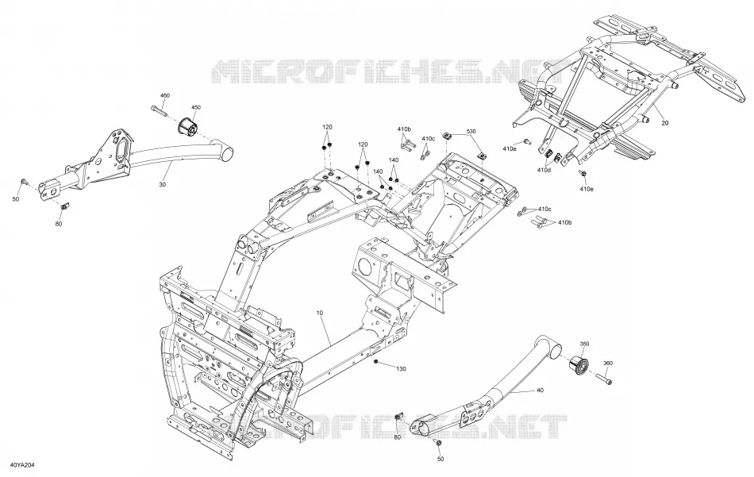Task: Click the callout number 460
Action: pyautogui.click(x=165, y=96)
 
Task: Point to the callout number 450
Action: pyautogui.click(x=196, y=108)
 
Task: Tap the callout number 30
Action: pyautogui.click(x=162, y=184)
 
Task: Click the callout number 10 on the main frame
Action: pyautogui.click(x=320, y=313)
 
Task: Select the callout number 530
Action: pyautogui.click(x=471, y=131)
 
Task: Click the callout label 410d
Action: pyautogui.click(x=544, y=170)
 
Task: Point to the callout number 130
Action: pyautogui.click(x=401, y=369)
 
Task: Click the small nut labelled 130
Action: pyautogui.click(x=376, y=360)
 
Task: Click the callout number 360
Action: pyautogui.click(x=608, y=364)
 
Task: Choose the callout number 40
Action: pyautogui.click(x=540, y=390)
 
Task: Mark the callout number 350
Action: pyautogui.click(x=584, y=344)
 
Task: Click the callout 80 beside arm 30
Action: pyautogui.click(x=59, y=224)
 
